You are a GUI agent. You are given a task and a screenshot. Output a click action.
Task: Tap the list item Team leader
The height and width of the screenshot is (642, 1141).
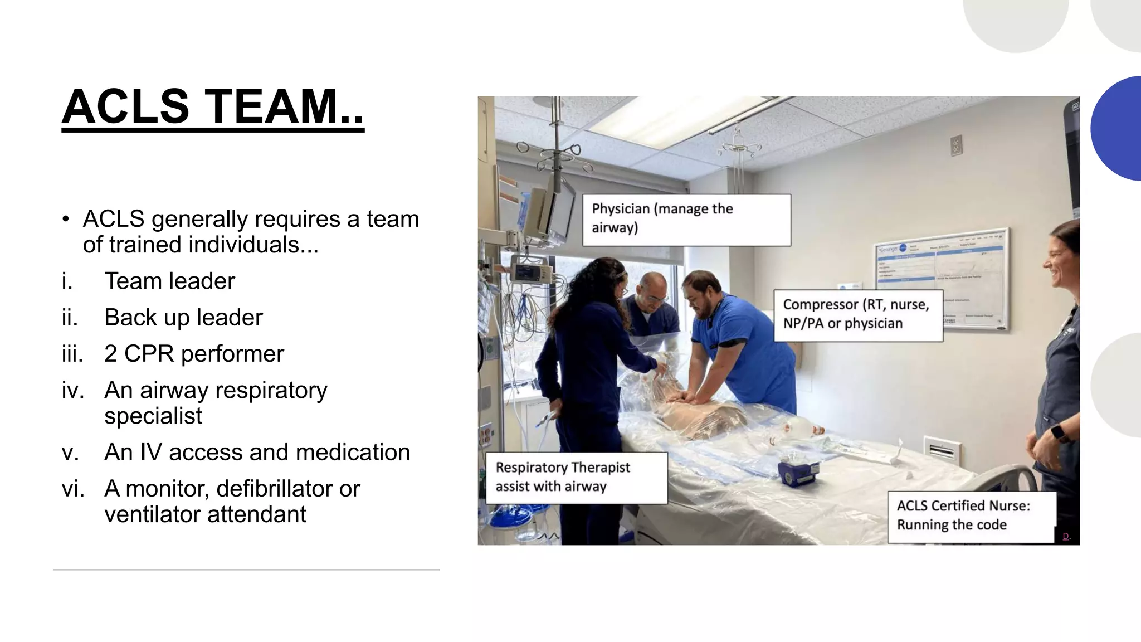pyautogui.click(x=169, y=281)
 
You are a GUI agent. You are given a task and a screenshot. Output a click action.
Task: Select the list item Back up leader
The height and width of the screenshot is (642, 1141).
pyautogui.click(x=183, y=317)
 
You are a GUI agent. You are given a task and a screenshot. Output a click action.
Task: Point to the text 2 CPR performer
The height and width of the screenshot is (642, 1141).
pyautogui.click(x=194, y=354)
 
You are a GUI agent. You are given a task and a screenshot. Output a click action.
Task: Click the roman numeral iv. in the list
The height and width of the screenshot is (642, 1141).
pyautogui.click(x=72, y=390)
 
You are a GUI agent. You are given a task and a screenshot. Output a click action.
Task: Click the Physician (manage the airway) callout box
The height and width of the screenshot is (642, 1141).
pyautogui.click(x=686, y=220)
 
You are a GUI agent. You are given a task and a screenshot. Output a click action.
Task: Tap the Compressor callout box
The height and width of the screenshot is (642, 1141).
pyautogui.click(x=857, y=315)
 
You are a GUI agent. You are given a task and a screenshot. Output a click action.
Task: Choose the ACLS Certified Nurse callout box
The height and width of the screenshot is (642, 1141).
pyautogui.click(x=971, y=516)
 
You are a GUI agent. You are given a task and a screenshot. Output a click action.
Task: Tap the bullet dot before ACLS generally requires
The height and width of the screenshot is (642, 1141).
pyautogui.click(x=66, y=220)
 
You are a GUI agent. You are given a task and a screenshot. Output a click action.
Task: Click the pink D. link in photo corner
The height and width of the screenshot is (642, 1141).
pyautogui.click(x=1066, y=536)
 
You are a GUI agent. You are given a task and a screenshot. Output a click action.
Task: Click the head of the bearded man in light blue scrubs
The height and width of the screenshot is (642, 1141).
pyautogui.click(x=703, y=293)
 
